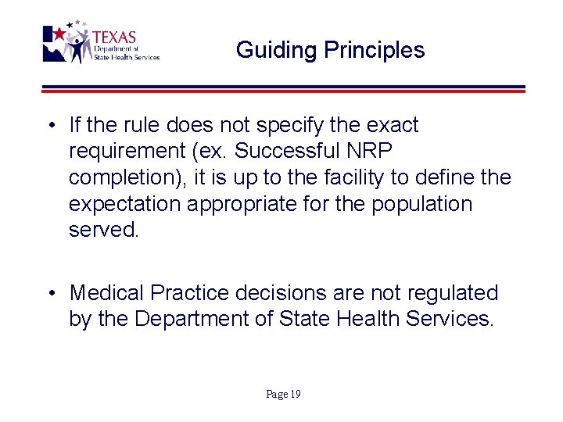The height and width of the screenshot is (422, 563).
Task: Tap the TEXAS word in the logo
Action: (x=114, y=38)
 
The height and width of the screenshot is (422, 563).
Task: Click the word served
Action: (x=102, y=231)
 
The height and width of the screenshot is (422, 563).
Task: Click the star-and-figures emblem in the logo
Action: (x=70, y=43)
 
